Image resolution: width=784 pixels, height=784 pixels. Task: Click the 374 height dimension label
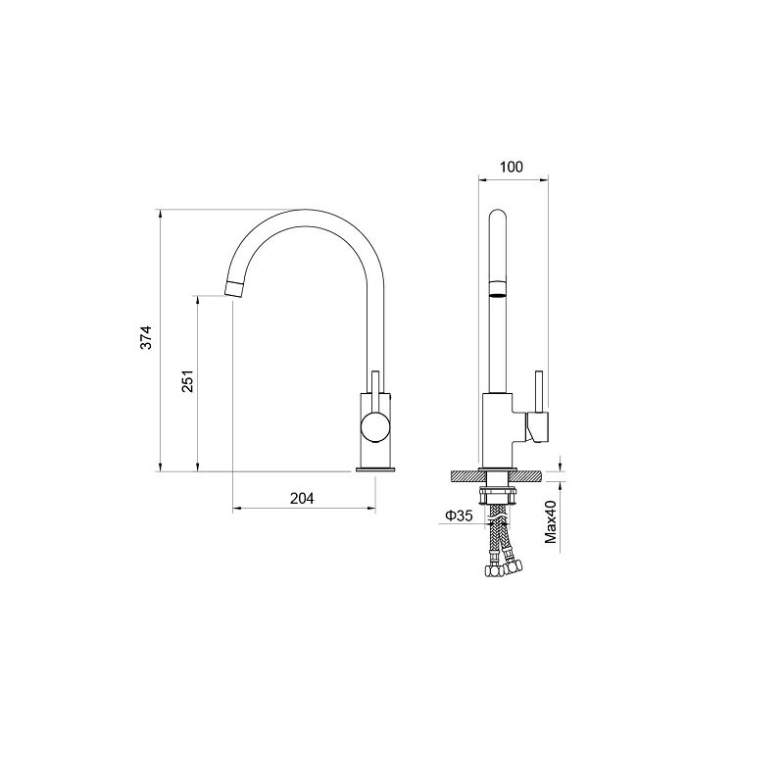145,337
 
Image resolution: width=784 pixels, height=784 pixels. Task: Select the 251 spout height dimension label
187,381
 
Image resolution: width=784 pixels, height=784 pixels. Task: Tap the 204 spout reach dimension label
302,499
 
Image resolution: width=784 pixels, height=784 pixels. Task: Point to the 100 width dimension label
512,167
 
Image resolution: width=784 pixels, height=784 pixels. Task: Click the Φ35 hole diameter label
459,515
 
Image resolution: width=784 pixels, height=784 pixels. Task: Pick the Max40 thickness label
551,522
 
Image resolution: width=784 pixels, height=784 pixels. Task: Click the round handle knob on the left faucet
375,428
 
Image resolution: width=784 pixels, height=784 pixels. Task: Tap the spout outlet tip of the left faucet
233,289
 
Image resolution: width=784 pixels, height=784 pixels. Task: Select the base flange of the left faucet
375,469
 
